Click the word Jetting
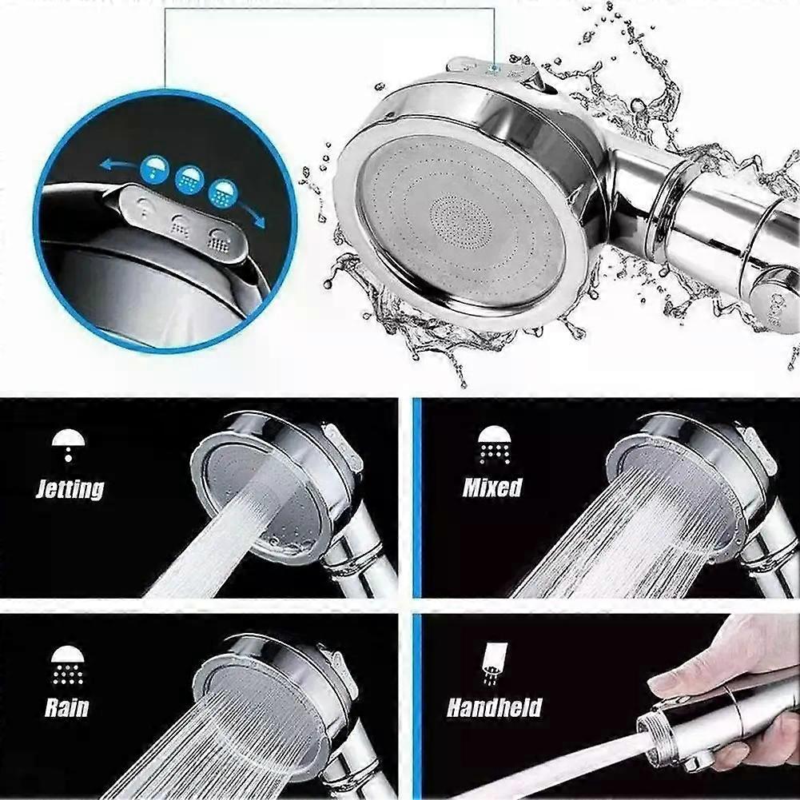pyautogui.click(x=70, y=489)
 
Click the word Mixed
pyautogui.click(x=492, y=488)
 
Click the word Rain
pyautogui.click(x=66, y=707)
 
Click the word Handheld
pyautogui.click(x=494, y=707)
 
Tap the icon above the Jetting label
pyautogui.click(x=69, y=445)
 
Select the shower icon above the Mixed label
pyautogui.click(x=493, y=445)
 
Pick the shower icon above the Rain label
pyautogui.click(x=67, y=664)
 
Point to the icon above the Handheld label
pyautogui.click(x=494, y=663)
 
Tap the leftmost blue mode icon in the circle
pyautogui.click(x=154, y=170)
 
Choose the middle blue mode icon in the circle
pyautogui.click(x=189, y=180)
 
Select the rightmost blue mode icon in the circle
pyautogui.click(x=223, y=192)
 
